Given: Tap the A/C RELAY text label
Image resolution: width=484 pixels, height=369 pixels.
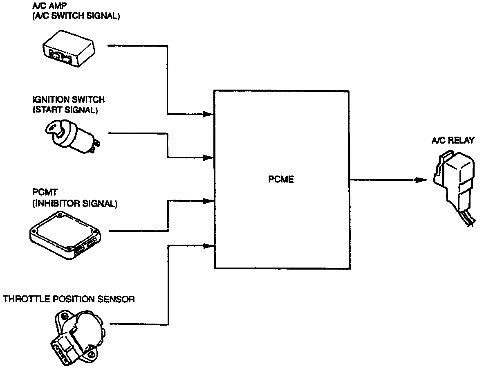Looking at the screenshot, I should pos(453,140).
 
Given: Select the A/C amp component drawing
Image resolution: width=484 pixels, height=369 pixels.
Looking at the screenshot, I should pos(69,51).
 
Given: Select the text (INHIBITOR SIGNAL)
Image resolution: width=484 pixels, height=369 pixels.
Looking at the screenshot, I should pos(74,203).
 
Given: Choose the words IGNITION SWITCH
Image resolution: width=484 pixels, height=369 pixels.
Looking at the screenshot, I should pos(68,100).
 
